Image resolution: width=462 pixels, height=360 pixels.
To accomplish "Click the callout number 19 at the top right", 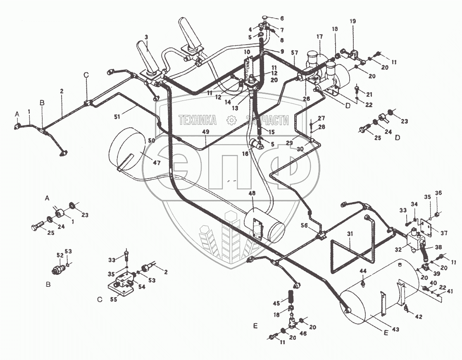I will (352, 21).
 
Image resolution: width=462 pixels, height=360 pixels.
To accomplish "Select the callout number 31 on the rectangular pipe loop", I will (350, 234).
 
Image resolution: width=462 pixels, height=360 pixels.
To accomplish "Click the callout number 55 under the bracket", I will (114, 300).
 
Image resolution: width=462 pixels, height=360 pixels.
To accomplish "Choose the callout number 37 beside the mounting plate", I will (444, 233).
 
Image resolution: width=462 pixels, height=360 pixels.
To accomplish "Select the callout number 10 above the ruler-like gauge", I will (247, 52).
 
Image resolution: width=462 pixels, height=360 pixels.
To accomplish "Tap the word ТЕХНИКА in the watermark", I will (198, 120).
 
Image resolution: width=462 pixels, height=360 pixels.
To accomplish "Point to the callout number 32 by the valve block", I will (398, 249).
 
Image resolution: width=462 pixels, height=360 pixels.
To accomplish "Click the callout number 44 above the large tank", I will (363, 271).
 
